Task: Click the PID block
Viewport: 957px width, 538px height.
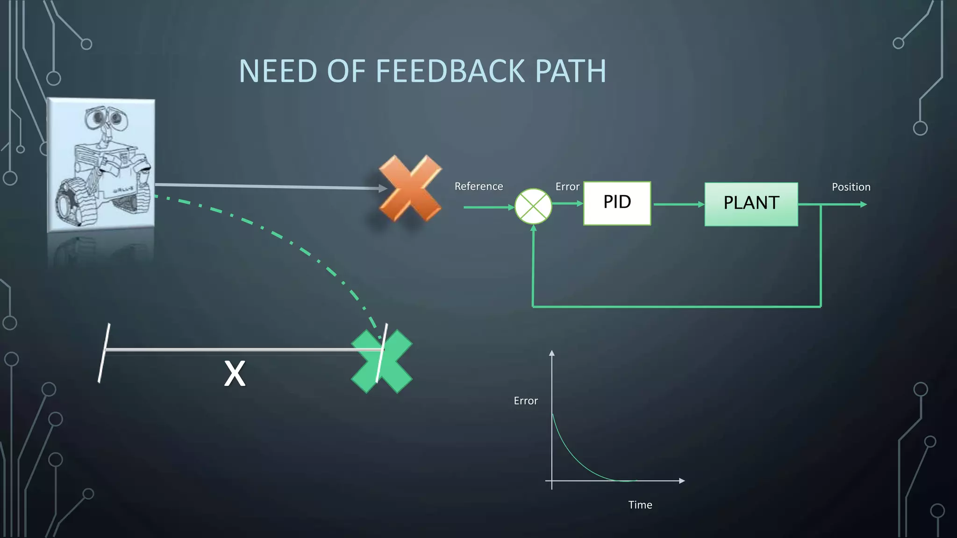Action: [x=617, y=203]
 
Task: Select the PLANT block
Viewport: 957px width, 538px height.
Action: [x=751, y=204]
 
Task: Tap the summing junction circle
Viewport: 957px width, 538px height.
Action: [x=533, y=206]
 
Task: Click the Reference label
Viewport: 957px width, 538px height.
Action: [x=478, y=186]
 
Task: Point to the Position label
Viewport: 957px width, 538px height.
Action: [x=851, y=187]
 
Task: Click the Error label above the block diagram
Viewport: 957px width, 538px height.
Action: [x=567, y=187]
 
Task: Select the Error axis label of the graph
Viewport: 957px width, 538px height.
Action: [x=526, y=401]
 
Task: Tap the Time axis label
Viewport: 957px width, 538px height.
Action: [x=640, y=505]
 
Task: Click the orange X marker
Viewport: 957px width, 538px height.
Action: [x=410, y=188]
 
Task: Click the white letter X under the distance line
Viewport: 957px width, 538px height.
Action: [x=235, y=374]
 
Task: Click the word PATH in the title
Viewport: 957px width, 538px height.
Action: [x=571, y=71]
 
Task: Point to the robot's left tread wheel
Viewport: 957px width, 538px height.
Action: [x=70, y=201]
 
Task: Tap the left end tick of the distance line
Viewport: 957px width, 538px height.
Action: [x=104, y=353]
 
